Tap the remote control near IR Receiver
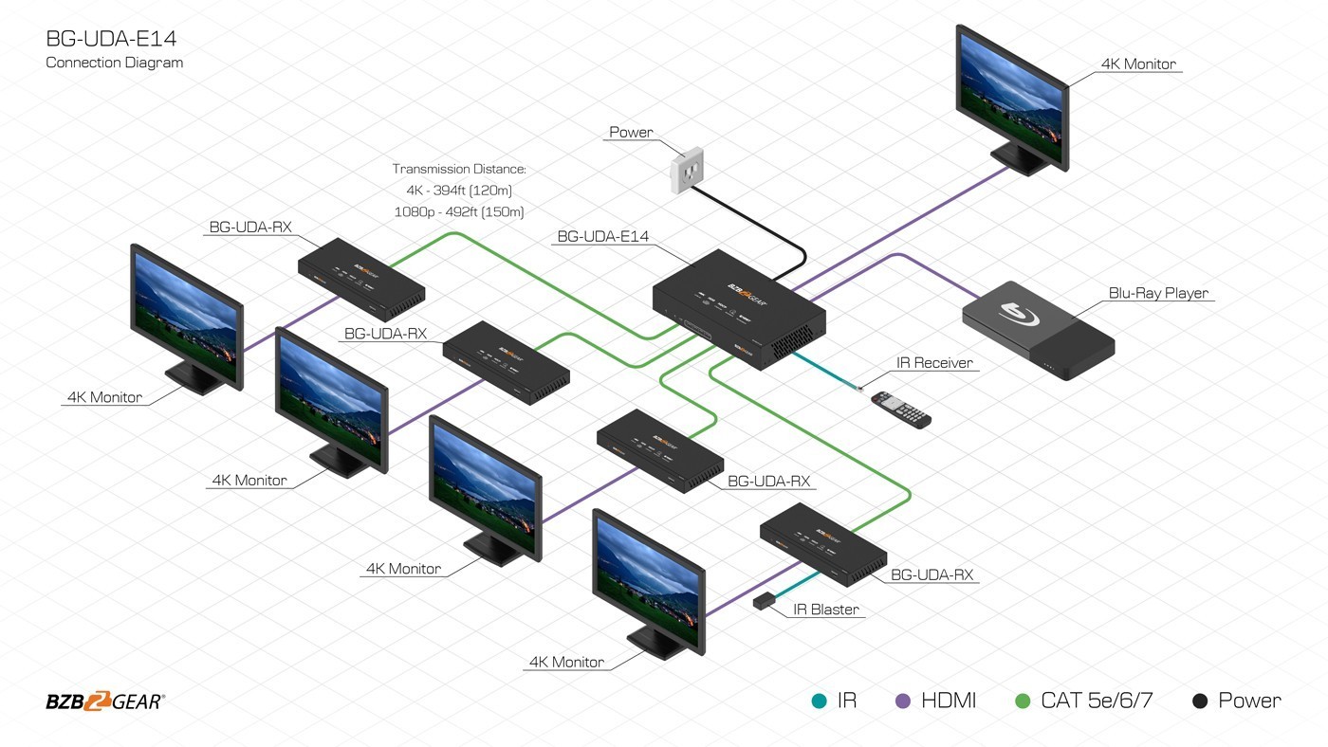901,409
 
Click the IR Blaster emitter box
763,601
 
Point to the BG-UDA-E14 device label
602,236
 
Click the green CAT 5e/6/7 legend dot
1023,701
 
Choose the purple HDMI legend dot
903,701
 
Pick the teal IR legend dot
819,701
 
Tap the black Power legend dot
1200,701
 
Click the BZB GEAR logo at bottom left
105,701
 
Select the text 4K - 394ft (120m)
459,191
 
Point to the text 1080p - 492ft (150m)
459,211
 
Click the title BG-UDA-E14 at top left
111,39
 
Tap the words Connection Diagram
115,63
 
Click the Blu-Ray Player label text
1158,293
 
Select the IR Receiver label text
934,362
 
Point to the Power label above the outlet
631,133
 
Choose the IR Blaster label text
825,610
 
